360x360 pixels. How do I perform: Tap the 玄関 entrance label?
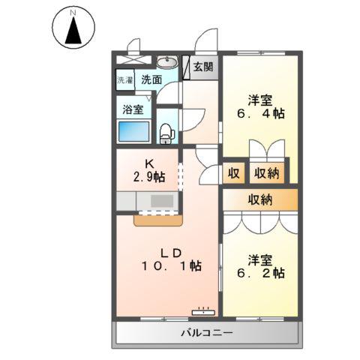pyautogui.click(x=202, y=67)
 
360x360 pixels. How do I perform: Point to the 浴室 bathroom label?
pyautogui.click(x=133, y=109)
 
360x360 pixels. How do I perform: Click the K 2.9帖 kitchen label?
pyautogui.click(x=148, y=171)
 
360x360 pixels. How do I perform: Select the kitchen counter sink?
pyautogui.click(x=161, y=201)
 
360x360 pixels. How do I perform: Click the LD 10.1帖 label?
pyautogui.click(x=172, y=257)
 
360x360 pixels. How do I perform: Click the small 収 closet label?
pyautogui.click(x=233, y=173)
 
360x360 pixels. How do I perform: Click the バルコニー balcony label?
pyautogui.click(x=206, y=332)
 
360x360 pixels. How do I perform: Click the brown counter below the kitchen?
pyautogui.click(x=158, y=220)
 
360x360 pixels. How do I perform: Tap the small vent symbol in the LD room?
pyautogui.click(x=202, y=308)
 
